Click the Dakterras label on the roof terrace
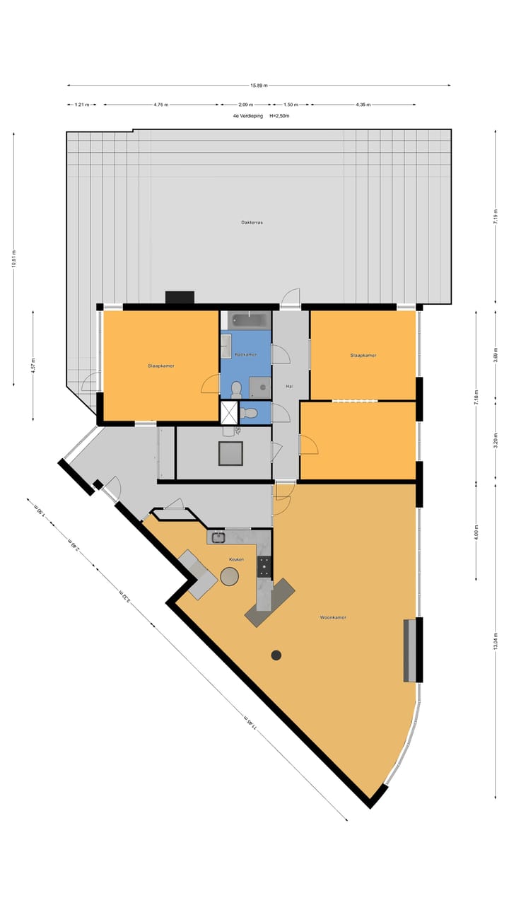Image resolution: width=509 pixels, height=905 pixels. pyautogui.click(x=252, y=223)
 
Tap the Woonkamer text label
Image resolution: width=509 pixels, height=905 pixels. pyautogui.click(x=332, y=617)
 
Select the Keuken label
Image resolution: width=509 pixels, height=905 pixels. pyautogui.click(x=236, y=559)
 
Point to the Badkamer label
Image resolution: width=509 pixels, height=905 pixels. pyautogui.click(x=245, y=354)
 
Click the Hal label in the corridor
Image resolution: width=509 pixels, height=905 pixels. pyautogui.click(x=289, y=387)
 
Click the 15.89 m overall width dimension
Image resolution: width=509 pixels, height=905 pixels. pyautogui.click(x=259, y=86)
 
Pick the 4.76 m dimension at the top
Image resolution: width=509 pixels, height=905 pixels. pyautogui.click(x=160, y=105)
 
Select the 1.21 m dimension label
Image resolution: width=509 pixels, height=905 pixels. pyautogui.click(x=82, y=105)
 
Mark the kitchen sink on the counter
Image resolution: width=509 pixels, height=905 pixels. pyautogui.click(x=218, y=537)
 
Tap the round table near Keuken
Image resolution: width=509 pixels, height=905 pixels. pyautogui.click(x=230, y=576)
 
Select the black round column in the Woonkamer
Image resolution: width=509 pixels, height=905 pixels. pyautogui.click(x=276, y=655)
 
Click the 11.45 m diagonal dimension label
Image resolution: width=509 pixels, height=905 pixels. pyautogui.click(x=250, y=723)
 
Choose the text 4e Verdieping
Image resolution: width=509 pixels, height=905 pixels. pyautogui.click(x=242, y=115)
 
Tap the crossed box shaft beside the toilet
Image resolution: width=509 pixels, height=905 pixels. pyautogui.click(x=230, y=412)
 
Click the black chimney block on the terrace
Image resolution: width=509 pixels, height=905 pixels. pyautogui.click(x=180, y=297)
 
